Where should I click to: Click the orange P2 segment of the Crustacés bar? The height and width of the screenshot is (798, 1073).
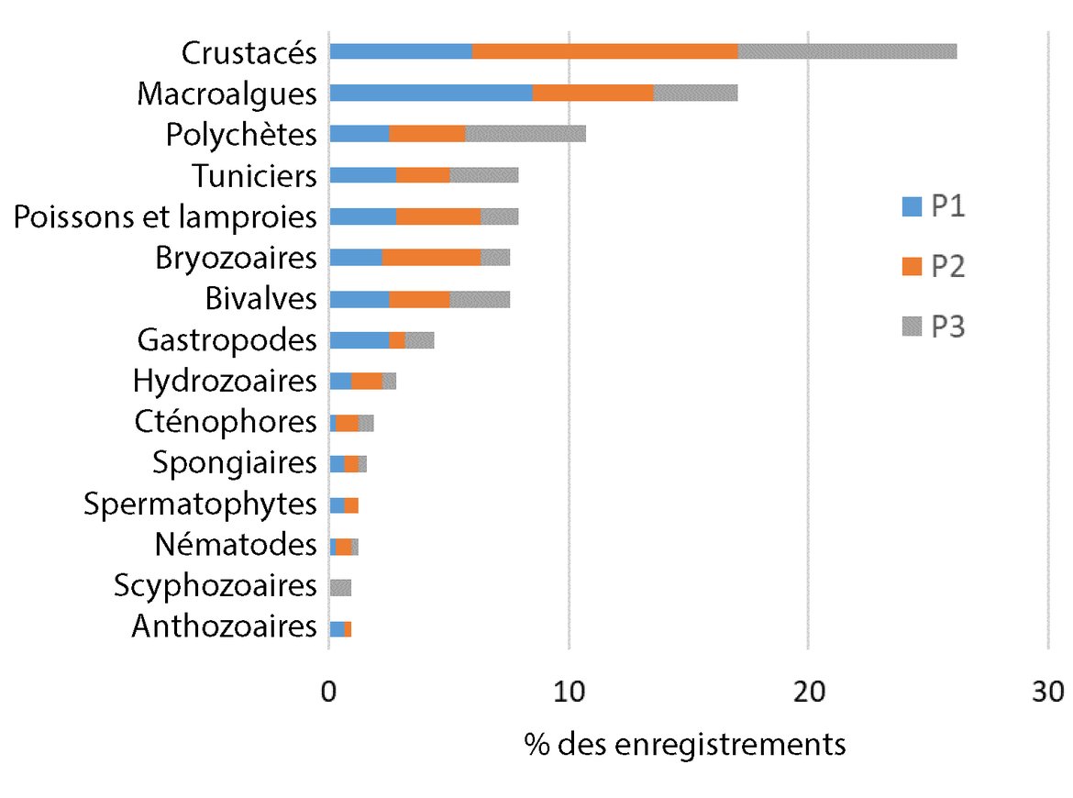point(605,51)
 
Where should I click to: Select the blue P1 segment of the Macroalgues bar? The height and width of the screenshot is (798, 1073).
point(430,93)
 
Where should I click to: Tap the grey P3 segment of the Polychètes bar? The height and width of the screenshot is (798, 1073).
point(525,134)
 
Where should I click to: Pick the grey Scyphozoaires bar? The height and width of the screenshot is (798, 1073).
point(340,587)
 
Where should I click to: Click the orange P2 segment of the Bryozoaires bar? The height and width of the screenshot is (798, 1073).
point(431,258)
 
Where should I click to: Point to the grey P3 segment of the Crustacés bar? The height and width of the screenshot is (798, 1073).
point(847,51)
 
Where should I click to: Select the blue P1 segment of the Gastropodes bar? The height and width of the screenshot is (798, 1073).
point(359,340)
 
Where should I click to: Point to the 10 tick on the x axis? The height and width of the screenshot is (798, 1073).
point(569,692)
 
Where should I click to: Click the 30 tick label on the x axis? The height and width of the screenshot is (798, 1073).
point(1047,692)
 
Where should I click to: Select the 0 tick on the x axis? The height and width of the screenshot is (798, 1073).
point(329,692)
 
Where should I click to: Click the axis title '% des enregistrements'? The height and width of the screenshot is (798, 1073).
point(685,744)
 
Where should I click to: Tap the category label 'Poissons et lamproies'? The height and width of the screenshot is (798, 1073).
point(166,217)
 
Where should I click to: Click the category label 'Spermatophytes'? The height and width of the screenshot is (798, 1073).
point(200,504)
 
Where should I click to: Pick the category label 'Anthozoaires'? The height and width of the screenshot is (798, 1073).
point(224,628)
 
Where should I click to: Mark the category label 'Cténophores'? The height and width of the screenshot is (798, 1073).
point(225,422)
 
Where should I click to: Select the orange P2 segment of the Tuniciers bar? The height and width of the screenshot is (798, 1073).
point(423,175)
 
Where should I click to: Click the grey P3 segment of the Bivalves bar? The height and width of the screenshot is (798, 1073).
point(480,299)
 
